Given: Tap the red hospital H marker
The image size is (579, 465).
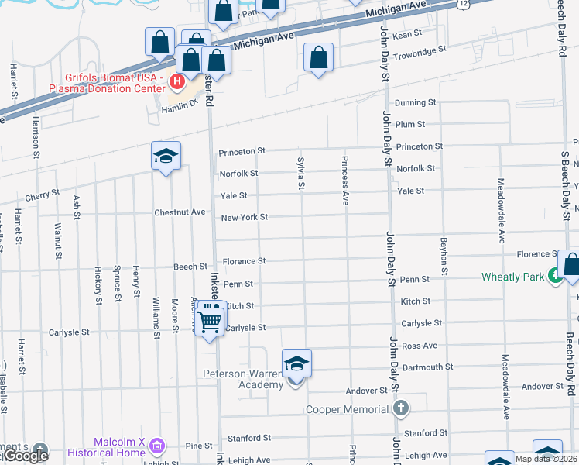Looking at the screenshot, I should click(x=177, y=81).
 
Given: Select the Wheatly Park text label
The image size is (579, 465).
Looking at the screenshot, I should click(x=512, y=276).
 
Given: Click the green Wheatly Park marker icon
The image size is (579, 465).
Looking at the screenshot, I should click(x=554, y=274).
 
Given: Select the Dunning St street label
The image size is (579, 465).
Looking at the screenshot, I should click(x=416, y=102).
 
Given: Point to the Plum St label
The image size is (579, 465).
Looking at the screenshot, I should click(x=410, y=124).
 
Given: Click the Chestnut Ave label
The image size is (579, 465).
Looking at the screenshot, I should click(x=180, y=212).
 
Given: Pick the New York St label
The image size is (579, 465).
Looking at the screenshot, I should click(x=245, y=218).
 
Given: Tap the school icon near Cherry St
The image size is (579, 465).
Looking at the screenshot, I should click(x=166, y=157).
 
